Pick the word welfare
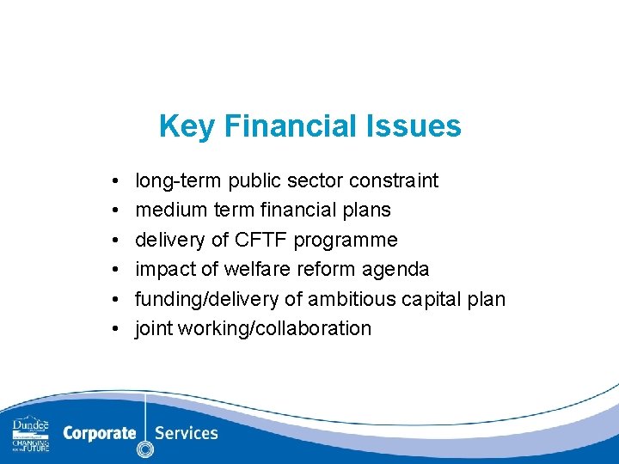pos(258,269)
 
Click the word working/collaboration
pos(275,329)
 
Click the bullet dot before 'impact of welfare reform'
pos(114,270)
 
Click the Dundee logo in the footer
pos(30,434)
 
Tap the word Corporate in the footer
pos(99,433)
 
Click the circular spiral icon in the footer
pos(145,448)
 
